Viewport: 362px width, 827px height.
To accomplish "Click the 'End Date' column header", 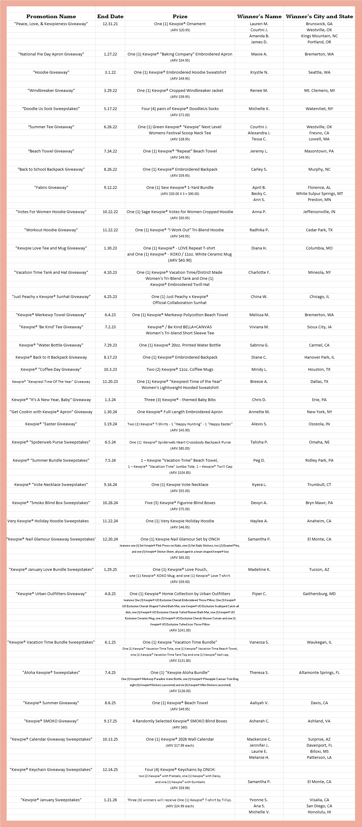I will (x=110, y=16).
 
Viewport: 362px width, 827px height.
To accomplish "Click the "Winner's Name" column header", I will (x=259, y=16).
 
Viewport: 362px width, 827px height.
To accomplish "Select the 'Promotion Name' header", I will (x=51, y=16).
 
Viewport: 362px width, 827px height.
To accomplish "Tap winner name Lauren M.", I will (x=259, y=24).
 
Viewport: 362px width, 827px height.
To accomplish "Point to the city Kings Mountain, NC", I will (x=319, y=36).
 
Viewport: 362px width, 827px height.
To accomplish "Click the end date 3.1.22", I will (x=110, y=72).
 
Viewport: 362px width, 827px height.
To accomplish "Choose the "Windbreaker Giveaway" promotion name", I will (x=51, y=91).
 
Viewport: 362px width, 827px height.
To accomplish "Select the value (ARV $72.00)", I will (x=180, y=115).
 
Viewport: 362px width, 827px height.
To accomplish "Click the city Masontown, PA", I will (x=319, y=151).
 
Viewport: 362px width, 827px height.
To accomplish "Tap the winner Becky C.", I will (x=259, y=194).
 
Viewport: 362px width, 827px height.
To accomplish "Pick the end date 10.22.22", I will (x=110, y=212).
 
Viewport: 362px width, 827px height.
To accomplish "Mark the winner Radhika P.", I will (x=259, y=230).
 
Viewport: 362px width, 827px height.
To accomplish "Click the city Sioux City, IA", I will (x=319, y=327).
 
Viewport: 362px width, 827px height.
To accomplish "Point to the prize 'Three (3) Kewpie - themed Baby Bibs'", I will (x=180, y=400).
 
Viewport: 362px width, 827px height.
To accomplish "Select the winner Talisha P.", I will (x=259, y=442).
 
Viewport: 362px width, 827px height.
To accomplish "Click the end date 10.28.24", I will (x=110, y=503).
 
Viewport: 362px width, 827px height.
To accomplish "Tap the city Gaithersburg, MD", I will (x=319, y=594).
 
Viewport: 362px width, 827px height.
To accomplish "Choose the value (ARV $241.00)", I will (x=180, y=630).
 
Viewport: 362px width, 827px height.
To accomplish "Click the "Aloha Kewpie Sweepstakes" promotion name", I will (x=51, y=673).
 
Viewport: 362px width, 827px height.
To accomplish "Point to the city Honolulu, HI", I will (x=319, y=812).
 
